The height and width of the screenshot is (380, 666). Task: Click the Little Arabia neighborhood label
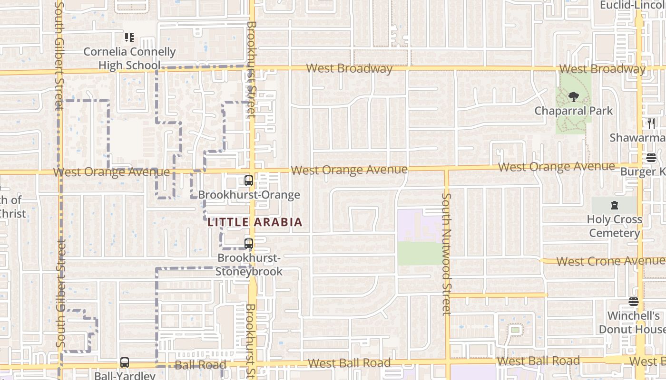pyautogui.click(x=255, y=222)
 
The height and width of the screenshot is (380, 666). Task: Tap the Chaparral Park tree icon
pyautogui.click(x=573, y=97)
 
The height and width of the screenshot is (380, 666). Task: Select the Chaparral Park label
pyautogui.click(x=573, y=111)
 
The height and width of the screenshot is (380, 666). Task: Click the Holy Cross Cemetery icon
pyautogui.click(x=614, y=206)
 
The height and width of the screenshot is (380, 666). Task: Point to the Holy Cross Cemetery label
pyautogui.click(x=614, y=226)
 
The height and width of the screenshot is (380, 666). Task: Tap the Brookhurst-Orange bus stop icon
pyautogui.click(x=248, y=180)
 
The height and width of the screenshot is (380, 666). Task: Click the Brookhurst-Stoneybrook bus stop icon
pyautogui.click(x=248, y=244)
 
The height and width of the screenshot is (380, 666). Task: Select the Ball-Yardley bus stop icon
pyautogui.click(x=125, y=362)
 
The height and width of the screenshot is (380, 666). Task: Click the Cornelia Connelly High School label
pyautogui.click(x=129, y=58)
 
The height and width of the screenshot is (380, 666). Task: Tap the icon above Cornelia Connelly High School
pyautogui.click(x=129, y=37)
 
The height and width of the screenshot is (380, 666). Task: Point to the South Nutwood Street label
pyautogui.click(x=446, y=254)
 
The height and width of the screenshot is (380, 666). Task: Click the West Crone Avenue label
pyautogui.click(x=610, y=261)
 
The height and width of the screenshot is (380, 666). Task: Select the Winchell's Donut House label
pyautogui.click(x=632, y=323)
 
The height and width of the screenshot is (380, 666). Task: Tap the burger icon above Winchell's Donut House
pyautogui.click(x=633, y=302)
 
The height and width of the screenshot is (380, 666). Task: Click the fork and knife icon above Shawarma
pyautogui.click(x=651, y=123)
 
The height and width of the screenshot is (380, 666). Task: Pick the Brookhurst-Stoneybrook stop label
pyautogui.click(x=249, y=265)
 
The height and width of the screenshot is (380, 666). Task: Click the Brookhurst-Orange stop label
pyautogui.click(x=249, y=195)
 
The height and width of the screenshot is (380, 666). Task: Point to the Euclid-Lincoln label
pyautogui.click(x=632, y=5)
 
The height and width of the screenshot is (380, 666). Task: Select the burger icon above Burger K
pyautogui.click(x=651, y=158)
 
